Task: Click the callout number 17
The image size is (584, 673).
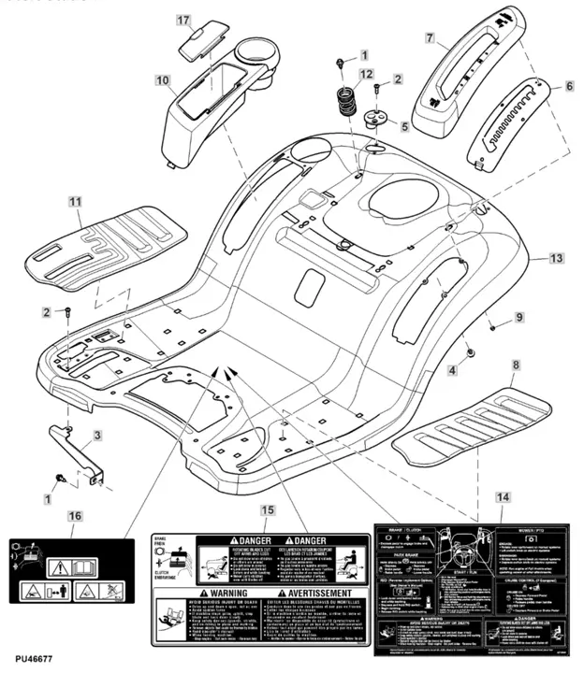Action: (x=182, y=21)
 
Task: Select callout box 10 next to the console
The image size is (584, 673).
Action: (x=163, y=81)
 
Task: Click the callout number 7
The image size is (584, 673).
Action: (x=430, y=38)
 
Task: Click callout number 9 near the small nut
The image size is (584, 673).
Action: (x=519, y=318)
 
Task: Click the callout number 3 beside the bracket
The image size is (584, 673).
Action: (x=97, y=435)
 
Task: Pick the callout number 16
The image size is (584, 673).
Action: (x=75, y=515)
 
